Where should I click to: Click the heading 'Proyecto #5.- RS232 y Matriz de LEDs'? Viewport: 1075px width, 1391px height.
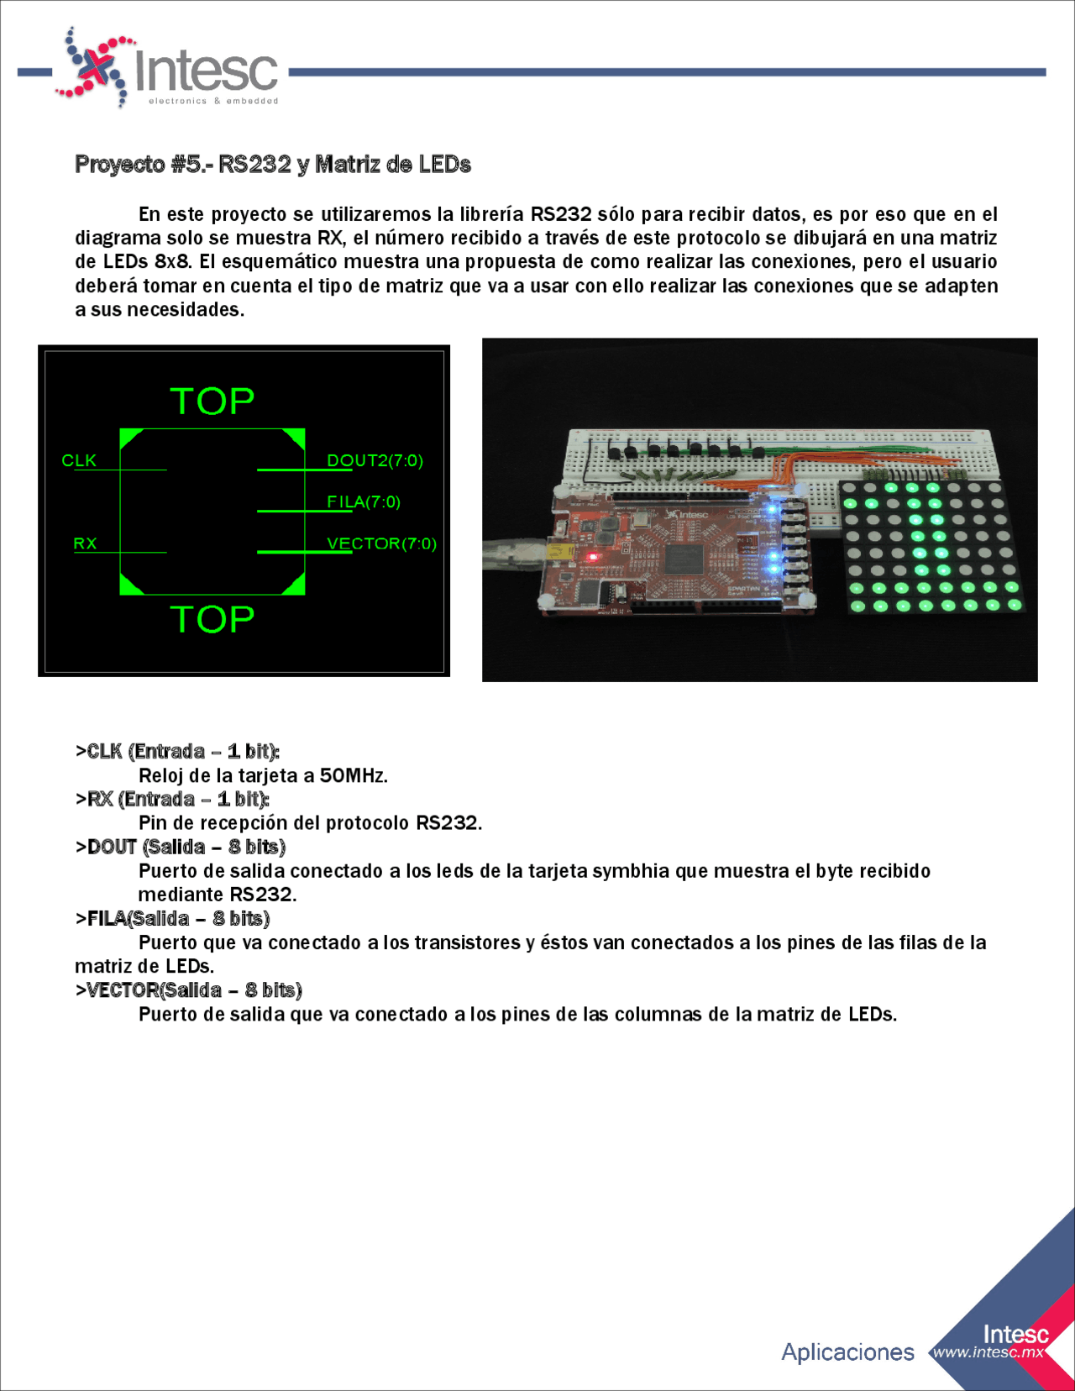click(272, 165)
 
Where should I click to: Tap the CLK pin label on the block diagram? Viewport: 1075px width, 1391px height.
click(79, 460)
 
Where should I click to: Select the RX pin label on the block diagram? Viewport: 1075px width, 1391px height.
click(85, 543)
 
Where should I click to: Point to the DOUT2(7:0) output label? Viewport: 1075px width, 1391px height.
click(375, 460)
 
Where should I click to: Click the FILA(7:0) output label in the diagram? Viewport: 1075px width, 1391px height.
click(363, 501)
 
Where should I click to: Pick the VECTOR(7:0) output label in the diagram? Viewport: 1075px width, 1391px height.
click(381, 543)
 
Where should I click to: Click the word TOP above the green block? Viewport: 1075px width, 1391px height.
click(212, 402)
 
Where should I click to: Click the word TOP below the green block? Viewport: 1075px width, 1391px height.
click(212, 620)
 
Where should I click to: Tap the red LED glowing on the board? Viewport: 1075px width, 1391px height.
click(591, 556)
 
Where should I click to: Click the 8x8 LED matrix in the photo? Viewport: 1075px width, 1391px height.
click(930, 546)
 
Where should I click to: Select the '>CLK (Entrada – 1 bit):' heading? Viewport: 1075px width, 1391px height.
click(177, 751)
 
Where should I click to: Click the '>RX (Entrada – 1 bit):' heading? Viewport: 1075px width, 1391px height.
click(172, 799)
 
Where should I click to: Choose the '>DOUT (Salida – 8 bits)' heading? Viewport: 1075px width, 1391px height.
click(181, 847)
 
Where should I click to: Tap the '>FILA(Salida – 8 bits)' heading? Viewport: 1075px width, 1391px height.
click(172, 918)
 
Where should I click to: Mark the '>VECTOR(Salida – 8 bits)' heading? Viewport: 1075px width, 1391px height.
click(189, 990)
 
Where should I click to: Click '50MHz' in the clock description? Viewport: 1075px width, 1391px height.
click(353, 775)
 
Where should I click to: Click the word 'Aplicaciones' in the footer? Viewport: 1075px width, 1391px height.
click(847, 1352)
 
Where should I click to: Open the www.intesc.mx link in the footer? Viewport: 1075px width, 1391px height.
click(988, 1352)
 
